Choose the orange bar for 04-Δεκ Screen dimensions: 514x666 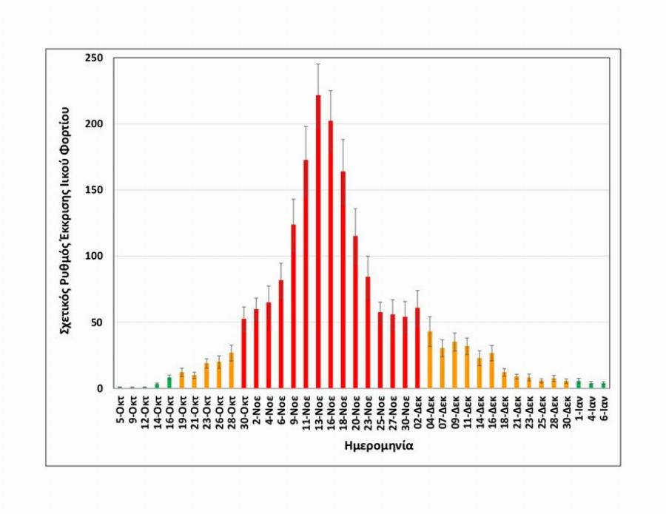(430, 359)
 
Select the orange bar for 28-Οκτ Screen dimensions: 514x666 (231, 371)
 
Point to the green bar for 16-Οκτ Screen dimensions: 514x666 (169, 382)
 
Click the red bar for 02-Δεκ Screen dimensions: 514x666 (417, 348)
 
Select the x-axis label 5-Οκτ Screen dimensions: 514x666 (120, 410)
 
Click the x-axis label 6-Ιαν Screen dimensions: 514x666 (605, 409)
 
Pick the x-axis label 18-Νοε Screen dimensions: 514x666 (343, 412)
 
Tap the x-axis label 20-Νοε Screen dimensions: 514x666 (356, 412)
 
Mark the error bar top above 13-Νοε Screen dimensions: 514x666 (318, 64)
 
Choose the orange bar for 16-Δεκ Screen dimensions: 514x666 (492, 371)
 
